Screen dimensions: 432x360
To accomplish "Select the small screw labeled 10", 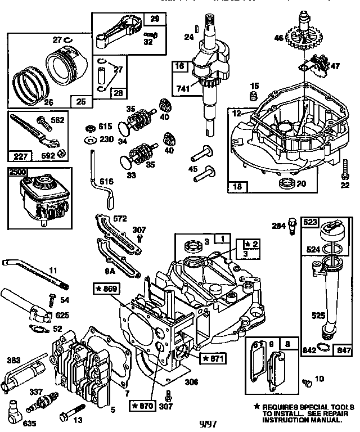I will point(307,383).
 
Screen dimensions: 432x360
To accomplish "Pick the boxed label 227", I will point(20,154).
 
